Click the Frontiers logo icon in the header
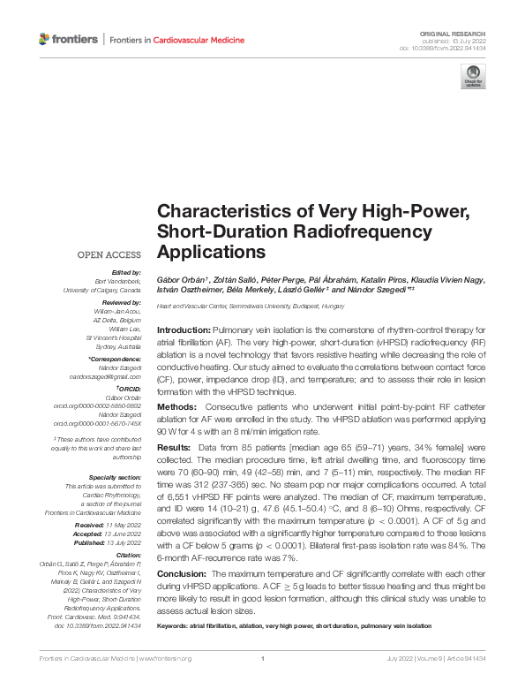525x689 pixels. (x=45, y=40)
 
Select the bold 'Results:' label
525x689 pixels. (x=176, y=448)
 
